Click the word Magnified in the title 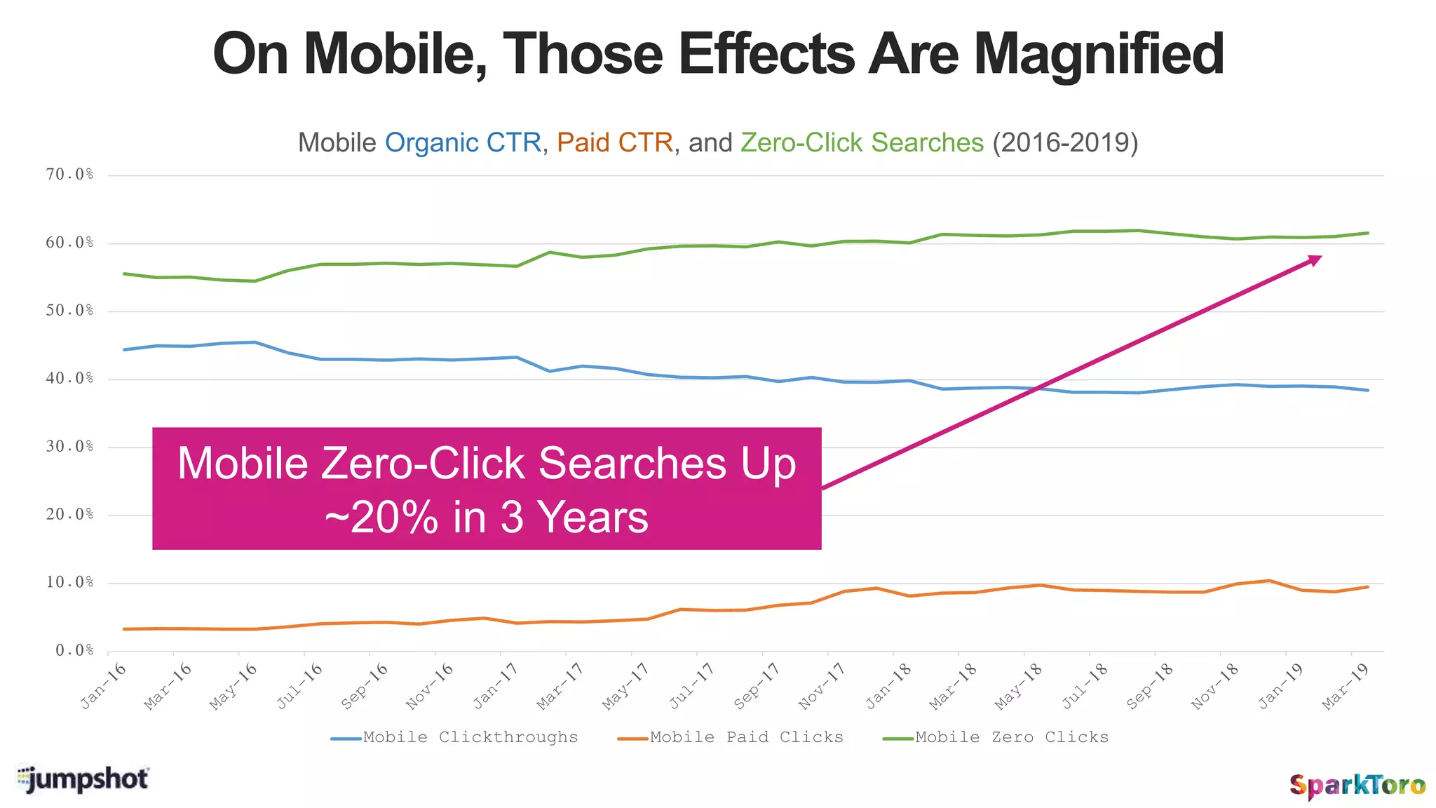[x=1098, y=55]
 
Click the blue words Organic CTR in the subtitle [x=463, y=143]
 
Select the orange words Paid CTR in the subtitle [x=615, y=143]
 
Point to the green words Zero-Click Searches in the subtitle [x=862, y=143]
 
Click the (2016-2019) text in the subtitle [x=1065, y=143]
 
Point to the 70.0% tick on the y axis [x=69, y=175]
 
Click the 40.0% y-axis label [x=69, y=379]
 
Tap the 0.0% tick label [x=74, y=650]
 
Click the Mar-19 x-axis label [x=1346, y=685]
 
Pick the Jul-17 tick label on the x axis [x=692, y=685]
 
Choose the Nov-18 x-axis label [x=1215, y=685]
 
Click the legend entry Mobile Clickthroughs [x=470, y=737]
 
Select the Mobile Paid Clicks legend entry [x=746, y=737]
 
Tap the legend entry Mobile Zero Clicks [x=1011, y=737]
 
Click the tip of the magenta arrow [x=1320, y=257]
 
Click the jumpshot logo [x=83, y=779]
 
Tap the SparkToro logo [x=1357, y=785]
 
